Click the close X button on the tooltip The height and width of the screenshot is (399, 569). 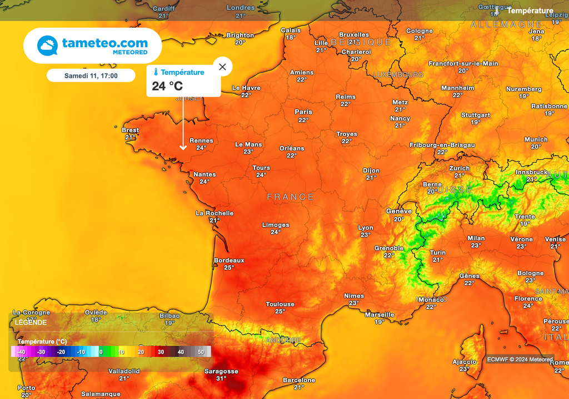[x=223, y=67]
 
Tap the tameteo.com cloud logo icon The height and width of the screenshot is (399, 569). [x=47, y=46]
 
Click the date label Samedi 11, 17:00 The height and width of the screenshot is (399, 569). [x=91, y=75]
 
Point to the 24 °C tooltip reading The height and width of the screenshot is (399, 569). [x=167, y=86]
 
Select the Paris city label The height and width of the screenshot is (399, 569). [x=303, y=112]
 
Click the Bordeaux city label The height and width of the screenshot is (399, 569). [x=229, y=260]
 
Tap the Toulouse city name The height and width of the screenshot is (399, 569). [x=280, y=304]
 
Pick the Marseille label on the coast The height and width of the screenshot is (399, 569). [x=380, y=315]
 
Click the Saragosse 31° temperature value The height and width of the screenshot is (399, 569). [x=221, y=378]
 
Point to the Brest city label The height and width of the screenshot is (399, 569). [x=131, y=130]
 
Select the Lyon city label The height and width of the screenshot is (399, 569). [x=366, y=228]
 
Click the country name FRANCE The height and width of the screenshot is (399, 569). [x=291, y=197]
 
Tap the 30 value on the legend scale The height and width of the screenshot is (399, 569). [x=161, y=352]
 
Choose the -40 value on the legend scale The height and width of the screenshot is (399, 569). [x=21, y=352]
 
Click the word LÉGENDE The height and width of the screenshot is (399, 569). [x=31, y=322]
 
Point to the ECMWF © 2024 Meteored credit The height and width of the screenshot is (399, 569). [x=520, y=359]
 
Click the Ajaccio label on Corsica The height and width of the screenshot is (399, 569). [x=465, y=362]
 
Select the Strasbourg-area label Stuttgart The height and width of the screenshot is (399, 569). [x=476, y=115]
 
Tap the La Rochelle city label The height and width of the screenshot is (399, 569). [x=214, y=213]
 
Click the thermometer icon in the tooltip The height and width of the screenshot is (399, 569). [x=156, y=72]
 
